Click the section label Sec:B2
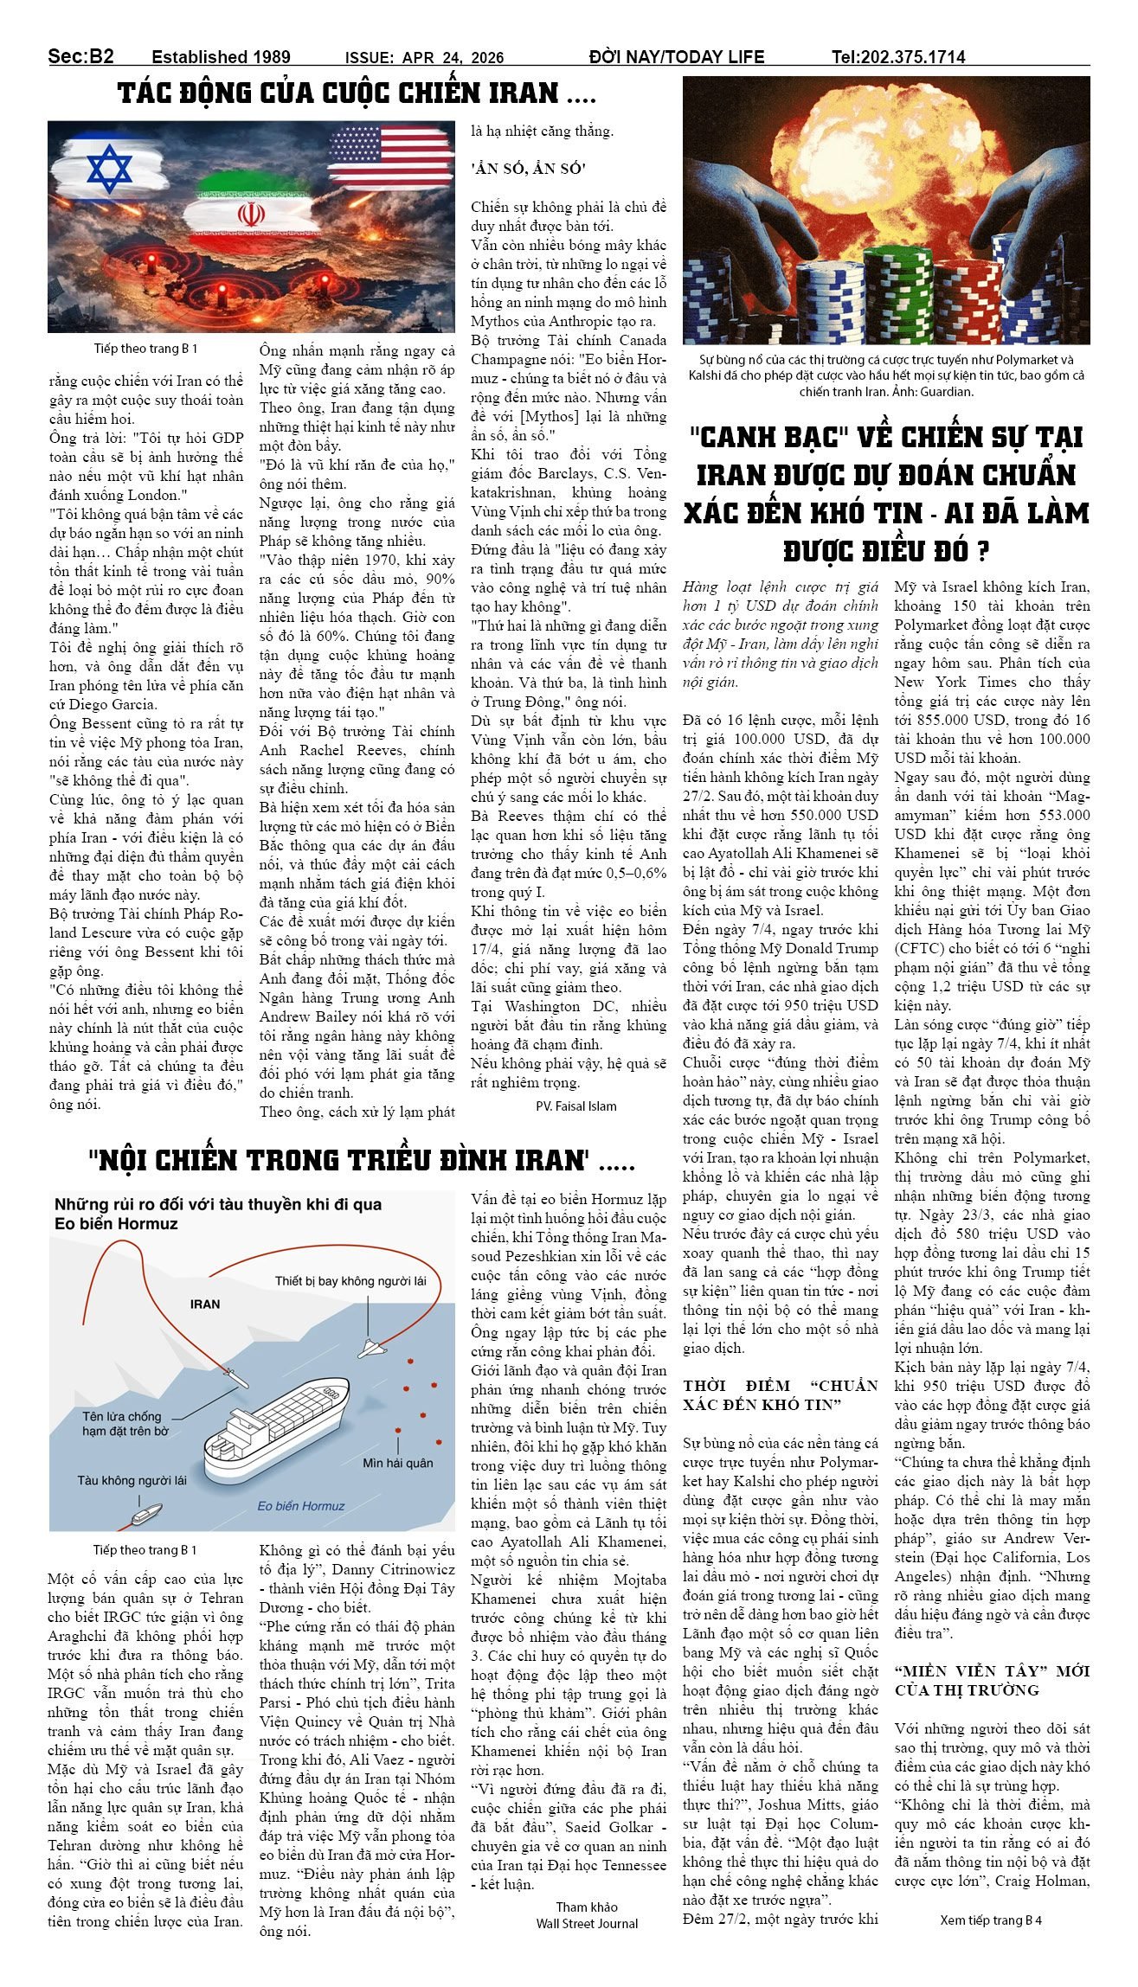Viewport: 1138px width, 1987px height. pyautogui.click(x=80, y=57)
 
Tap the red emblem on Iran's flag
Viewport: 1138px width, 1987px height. pyautogui.click(x=250, y=214)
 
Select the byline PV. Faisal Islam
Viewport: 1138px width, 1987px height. pyautogui.click(x=575, y=1106)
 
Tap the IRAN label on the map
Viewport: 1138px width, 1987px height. pyautogui.click(x=205, y=1304)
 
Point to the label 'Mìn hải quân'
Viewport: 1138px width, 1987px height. pyautogui.click(x=398, y=1463)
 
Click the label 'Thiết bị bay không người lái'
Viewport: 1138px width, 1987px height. pyautogui.click(x=350, y=1281)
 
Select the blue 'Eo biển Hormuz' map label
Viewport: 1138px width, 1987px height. pyautogui.click(x=301, y=1505)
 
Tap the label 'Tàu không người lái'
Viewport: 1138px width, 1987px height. pyautogui.click(x=132, y=1480)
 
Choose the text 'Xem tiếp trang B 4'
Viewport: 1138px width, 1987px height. pyautogui.click(x=990, y=1920)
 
